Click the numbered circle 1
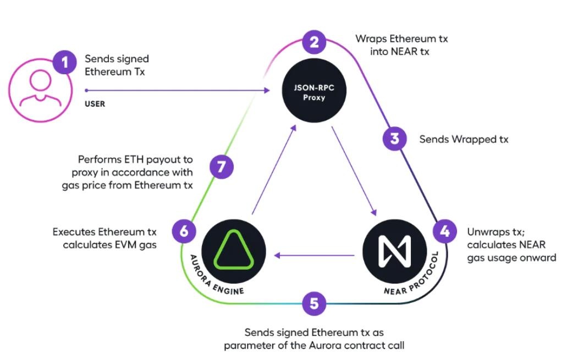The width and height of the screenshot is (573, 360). (65, 63)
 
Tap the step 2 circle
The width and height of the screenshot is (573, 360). (314, 42)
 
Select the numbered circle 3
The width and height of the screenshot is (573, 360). (394, 139)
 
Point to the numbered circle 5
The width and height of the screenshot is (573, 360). (314, 303)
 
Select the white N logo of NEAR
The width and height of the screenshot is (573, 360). (394, 250)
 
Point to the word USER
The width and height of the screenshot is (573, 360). (95, 103)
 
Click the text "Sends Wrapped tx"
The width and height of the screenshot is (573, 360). (464, 140)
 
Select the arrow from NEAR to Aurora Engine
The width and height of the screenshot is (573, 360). (315, 255)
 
